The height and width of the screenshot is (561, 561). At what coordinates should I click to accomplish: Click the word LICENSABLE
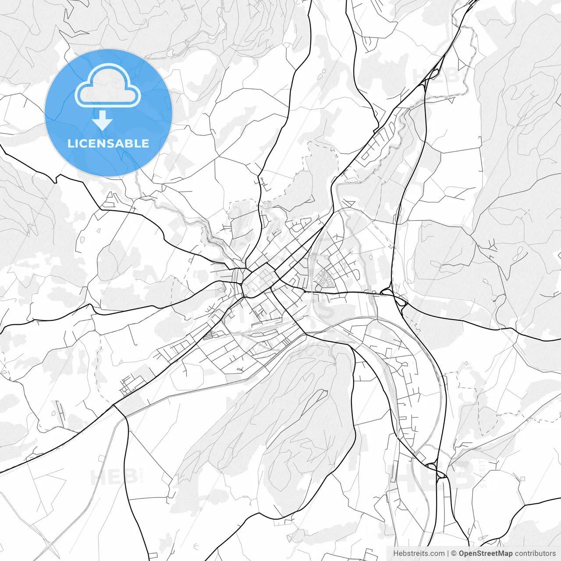pos(108,143)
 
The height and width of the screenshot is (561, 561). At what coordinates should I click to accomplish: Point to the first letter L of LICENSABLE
pos(70,143)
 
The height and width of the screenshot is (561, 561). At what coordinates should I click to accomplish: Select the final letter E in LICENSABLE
pos(145,143)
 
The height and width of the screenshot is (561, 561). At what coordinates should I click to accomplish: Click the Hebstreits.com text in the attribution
pos(419,554)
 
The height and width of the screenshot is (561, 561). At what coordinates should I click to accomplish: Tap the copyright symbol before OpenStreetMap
pos(454,554)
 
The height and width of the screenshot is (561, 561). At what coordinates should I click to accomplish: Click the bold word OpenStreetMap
pos(485,554)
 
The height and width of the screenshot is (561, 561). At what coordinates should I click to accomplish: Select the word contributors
pos(535,554)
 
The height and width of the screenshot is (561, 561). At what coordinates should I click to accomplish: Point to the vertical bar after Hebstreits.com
pos(448,554)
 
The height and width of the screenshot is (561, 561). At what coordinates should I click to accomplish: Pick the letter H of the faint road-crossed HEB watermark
pos(97,477)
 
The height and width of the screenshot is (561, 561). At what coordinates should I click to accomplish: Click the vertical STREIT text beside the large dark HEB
pos(483,473)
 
